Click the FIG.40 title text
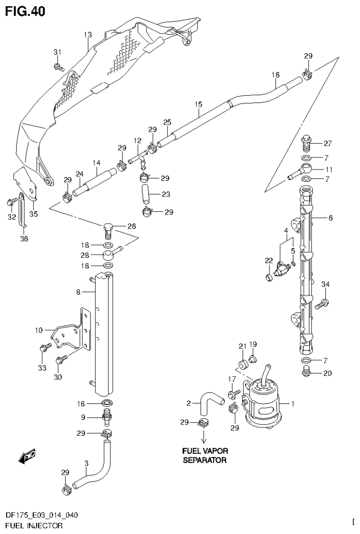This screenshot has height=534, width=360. (x=25, y=11)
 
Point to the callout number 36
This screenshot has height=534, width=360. (x=24, y=239)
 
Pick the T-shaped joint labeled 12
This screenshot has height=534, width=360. (x=139, y=160)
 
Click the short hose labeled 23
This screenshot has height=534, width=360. (x=145, y=193)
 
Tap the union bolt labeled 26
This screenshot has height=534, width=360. (x=108, y=230)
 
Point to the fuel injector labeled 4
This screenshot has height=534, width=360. (x=282, y=268)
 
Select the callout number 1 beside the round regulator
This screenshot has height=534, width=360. (x=293, y=403)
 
